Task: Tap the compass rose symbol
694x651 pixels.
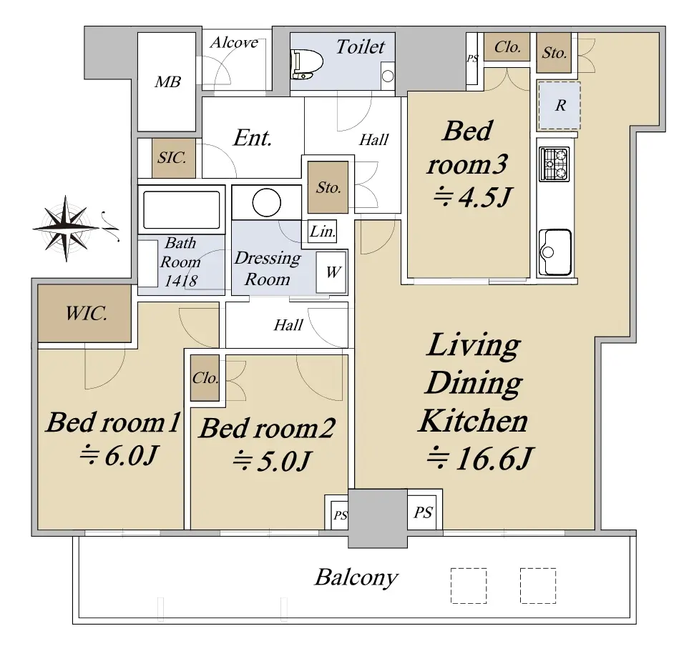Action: click(67, 228)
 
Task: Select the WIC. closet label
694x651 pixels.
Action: click(87, 313)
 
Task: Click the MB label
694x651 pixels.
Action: click(167, 81)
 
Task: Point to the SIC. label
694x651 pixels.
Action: click(172, 157)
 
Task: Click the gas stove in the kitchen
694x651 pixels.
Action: click(554, 164)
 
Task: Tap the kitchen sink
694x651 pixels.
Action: click(554, 252)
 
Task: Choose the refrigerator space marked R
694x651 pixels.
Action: click(559, 106)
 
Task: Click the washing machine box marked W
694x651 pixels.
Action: click(331, 272)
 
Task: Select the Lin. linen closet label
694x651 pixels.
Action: click(323, 231)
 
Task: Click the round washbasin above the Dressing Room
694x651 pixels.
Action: click(266, 202)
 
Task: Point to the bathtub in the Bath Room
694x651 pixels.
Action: click(182, 209)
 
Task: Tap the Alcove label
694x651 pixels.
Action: click(234, 42)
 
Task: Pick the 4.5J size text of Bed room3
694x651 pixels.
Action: click(473, 197)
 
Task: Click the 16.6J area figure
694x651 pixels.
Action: click(480, 458)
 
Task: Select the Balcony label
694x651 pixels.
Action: click(356, 577)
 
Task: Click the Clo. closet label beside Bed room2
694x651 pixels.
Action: click(205, 378)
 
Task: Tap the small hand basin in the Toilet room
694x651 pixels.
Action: click(388, 76)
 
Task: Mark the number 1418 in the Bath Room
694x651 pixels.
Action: click(180, 280)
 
